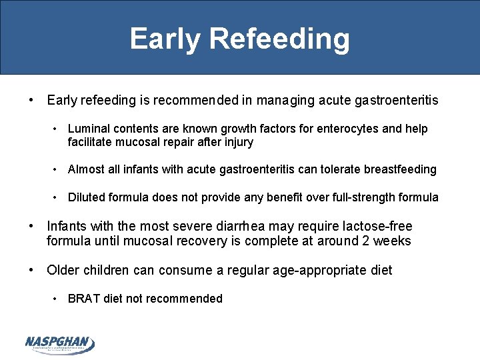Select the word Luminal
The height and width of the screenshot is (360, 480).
(x=89, y=129)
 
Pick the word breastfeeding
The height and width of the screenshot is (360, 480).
(x=400, y=169)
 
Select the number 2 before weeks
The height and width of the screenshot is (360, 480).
(x=367, y=241)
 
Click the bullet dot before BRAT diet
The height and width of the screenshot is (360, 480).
(x=57, y=299)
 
